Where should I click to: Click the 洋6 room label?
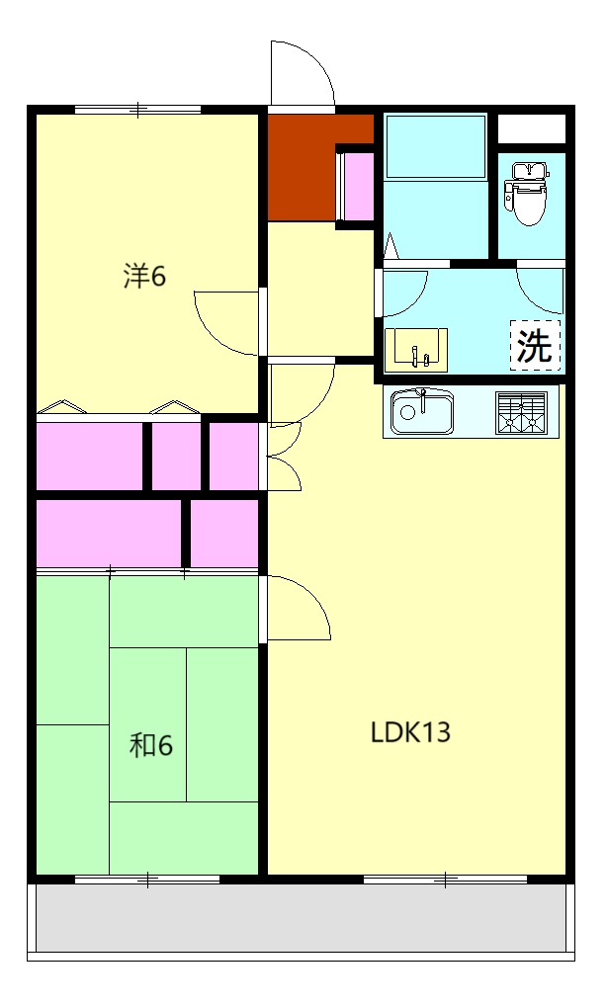click(x=144, y=277)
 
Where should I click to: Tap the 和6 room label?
click(x=151, y=745)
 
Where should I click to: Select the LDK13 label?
click(x=410, y=733)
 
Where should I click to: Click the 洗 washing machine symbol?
click(x=535, y=345)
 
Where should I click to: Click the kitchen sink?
click(x=422, y=412)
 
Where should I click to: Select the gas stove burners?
click(x=521, y=412)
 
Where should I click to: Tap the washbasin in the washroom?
click(x=416, y=348)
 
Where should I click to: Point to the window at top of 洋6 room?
click(x=137, y=110)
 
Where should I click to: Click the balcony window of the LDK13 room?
click(x=445, y=878)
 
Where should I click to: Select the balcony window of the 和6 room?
click(x=147, y=878)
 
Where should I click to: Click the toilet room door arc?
click(x=539, y=288)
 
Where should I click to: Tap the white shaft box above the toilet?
click(x=531, y=128)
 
